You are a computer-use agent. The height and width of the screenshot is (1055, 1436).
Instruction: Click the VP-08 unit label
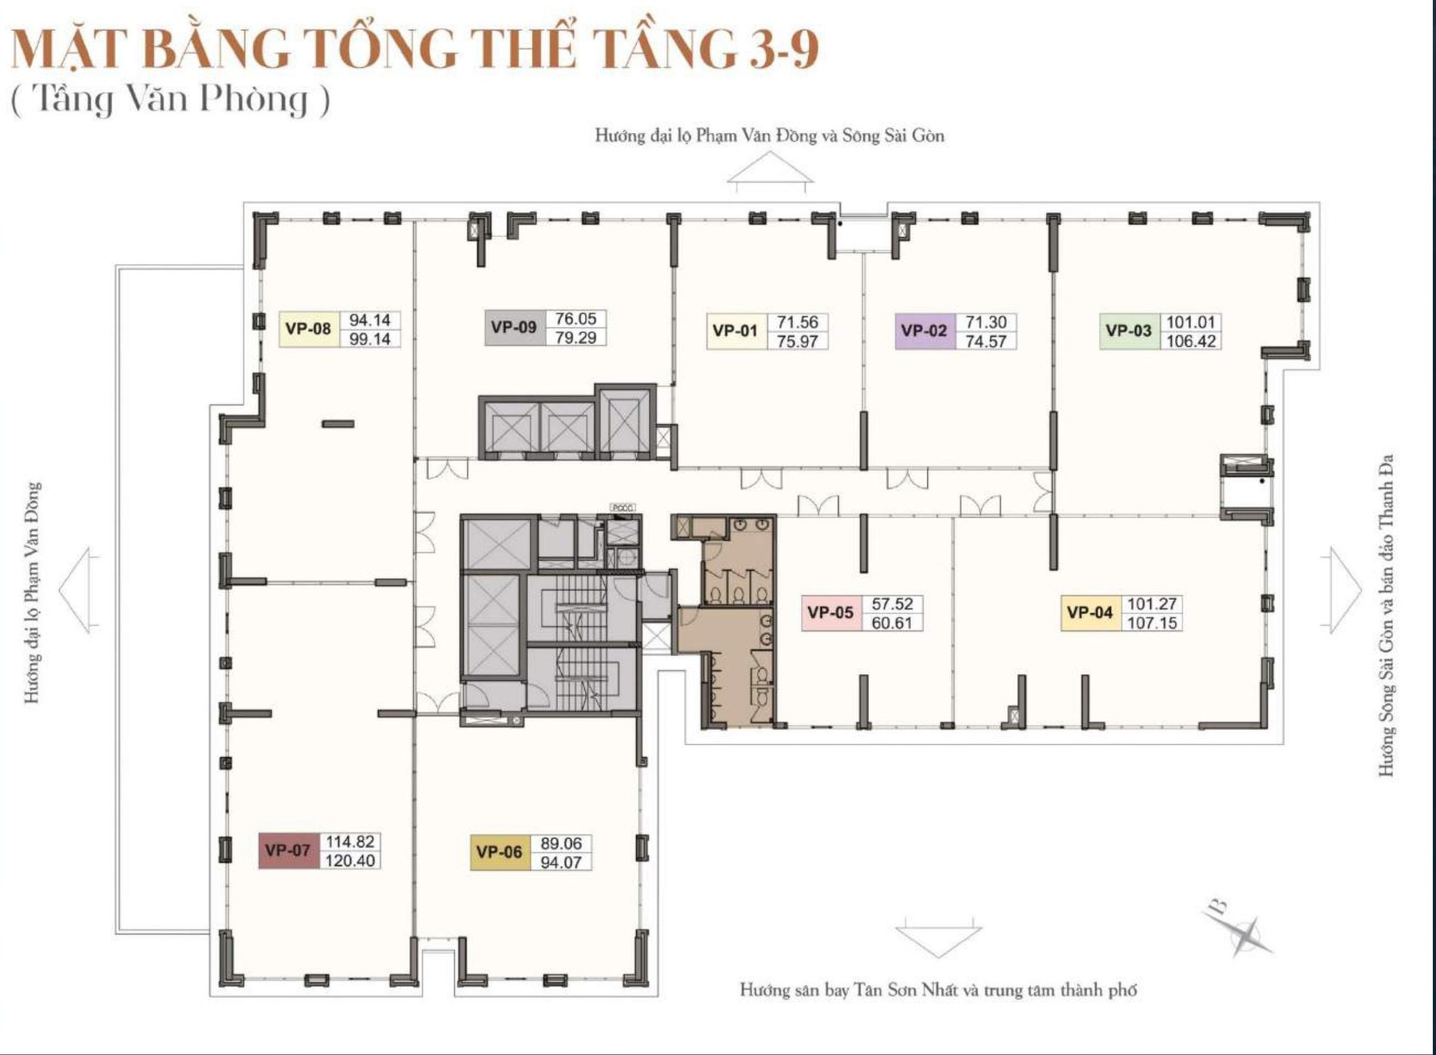click(309, 329)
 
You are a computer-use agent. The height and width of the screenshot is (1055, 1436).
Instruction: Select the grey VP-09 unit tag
click(514, 328)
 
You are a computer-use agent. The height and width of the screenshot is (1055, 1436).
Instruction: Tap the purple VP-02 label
click(925, 331)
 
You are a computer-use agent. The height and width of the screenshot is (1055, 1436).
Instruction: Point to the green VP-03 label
click(1130, 331)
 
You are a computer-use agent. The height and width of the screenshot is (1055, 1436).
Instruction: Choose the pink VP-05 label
click(830, 612)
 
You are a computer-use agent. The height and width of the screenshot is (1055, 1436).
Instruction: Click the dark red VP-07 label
click(288, 851)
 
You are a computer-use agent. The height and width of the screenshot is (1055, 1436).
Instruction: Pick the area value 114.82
click(350, 842)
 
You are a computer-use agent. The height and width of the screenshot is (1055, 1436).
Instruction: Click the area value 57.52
click(892, 603)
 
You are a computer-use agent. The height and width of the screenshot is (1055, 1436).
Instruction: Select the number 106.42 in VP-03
click(1191, 341)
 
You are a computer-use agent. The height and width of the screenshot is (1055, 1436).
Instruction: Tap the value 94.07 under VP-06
click(561, 862)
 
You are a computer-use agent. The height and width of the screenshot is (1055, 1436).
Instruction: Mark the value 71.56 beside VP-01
click(798, 322)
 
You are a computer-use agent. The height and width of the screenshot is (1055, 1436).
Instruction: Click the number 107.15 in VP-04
click(1152, 622)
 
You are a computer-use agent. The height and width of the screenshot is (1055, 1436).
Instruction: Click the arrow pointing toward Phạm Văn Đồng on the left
click(79, 590)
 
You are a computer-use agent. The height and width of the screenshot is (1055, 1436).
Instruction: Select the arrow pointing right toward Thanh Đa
click(1341, 590)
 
